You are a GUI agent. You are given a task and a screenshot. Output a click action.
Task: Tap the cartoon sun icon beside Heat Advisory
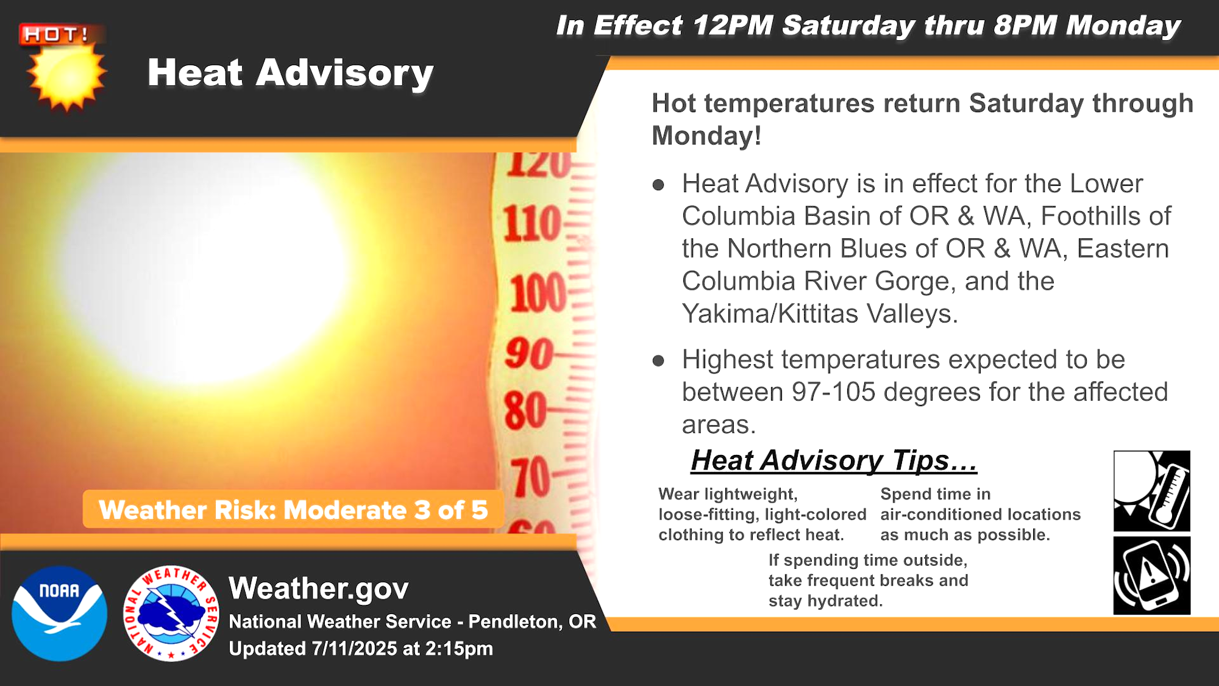pyautogui.click(x=66, y=77)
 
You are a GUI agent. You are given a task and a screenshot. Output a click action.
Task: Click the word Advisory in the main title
pyautogui.click(x=344, y=73)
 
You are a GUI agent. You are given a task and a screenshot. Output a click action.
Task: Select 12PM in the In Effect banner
pyautogui.click(x=733, y=26)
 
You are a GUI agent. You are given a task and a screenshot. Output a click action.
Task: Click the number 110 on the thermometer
pyautogui.click(x=531, y=223)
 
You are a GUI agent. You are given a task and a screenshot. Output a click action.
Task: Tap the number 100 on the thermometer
pyautogui.click(x=538, y=293)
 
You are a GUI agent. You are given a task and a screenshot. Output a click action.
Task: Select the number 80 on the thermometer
pyautogui.click(x=525, y=410)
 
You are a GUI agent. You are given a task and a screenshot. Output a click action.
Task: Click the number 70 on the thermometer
pyautogui.click(x=530, y=477)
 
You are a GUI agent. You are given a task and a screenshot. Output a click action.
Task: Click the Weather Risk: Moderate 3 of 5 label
pyautogui.click(x=293, y=510)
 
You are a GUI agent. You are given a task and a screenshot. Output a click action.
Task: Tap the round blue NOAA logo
pyautogui.click(x=59, y=613)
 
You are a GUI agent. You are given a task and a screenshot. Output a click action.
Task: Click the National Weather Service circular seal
pyautogui.click(x=171, y=613)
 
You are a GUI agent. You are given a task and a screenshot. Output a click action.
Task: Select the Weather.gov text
pyautogui.click(x=318, y=588)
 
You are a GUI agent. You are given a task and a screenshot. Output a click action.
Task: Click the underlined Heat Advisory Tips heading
pyautogui.click(x=833, y=460)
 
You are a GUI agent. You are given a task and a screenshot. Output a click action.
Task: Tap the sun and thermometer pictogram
pyautogui.click(x=1151, y=491)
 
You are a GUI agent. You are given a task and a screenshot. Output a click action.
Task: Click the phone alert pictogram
pyautogui.click(x=1151, y=576)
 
